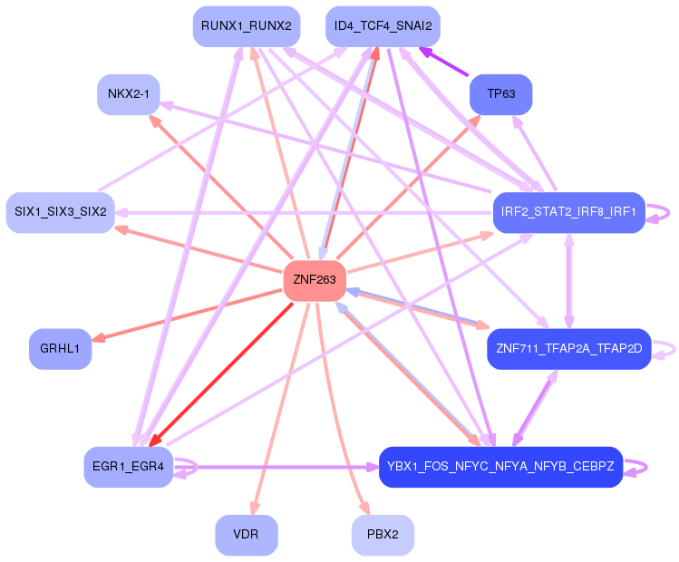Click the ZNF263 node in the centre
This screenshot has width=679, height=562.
pos(315,281)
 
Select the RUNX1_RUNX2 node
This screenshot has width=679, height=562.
pos(247,26)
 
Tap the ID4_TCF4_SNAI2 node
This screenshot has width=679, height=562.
pos(383,26)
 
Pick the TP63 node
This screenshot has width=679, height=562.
pos(500,94)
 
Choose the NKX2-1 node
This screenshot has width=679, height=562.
pos(129,94)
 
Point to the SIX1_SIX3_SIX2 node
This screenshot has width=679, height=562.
pos(61,212)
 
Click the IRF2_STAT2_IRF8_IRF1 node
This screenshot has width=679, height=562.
pos(568,213)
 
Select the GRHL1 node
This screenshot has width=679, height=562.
pos(61,349)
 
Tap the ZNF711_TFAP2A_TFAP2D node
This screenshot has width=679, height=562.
pos(568,349)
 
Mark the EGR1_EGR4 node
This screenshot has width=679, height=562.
pos(128,467)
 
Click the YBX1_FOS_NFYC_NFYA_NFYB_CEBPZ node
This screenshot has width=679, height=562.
pos(500,467)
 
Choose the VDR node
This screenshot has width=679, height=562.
pos(247,535)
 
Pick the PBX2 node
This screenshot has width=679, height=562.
pos(383,535)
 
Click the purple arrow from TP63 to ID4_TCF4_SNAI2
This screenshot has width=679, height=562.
pos(444,63)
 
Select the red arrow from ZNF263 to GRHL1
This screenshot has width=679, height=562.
pos(181,316)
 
